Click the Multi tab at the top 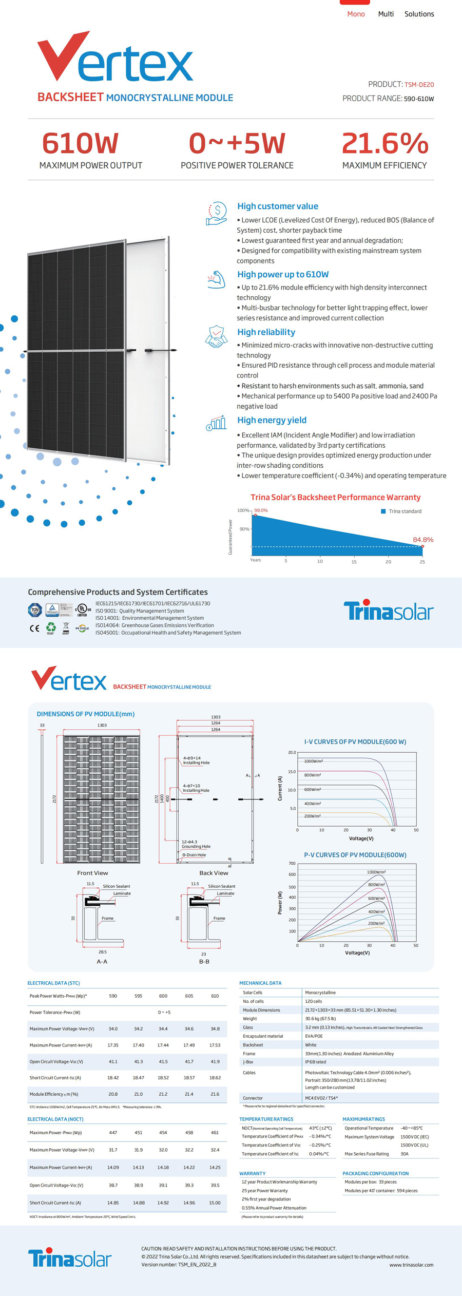(386, 14)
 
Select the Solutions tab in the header (419, 14)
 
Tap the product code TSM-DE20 (419, 85)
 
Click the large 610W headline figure (80, 143)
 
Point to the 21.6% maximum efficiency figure (384, 143)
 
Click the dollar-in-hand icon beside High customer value (217, 213)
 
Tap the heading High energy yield (272, 420)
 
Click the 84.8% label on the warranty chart (423, 540)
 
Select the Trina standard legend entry (405, 511)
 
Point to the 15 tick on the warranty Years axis (354, 562)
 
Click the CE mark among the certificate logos (34, 628)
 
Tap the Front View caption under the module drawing (92, 873)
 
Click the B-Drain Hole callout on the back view (194, 855)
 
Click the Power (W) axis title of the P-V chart (280, 902)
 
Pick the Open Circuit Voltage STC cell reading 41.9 (215, 1061)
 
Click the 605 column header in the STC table (189, 996)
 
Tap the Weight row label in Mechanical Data (250, 1019)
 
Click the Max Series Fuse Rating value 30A (405, 1154)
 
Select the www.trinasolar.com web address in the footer (411, 1265)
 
